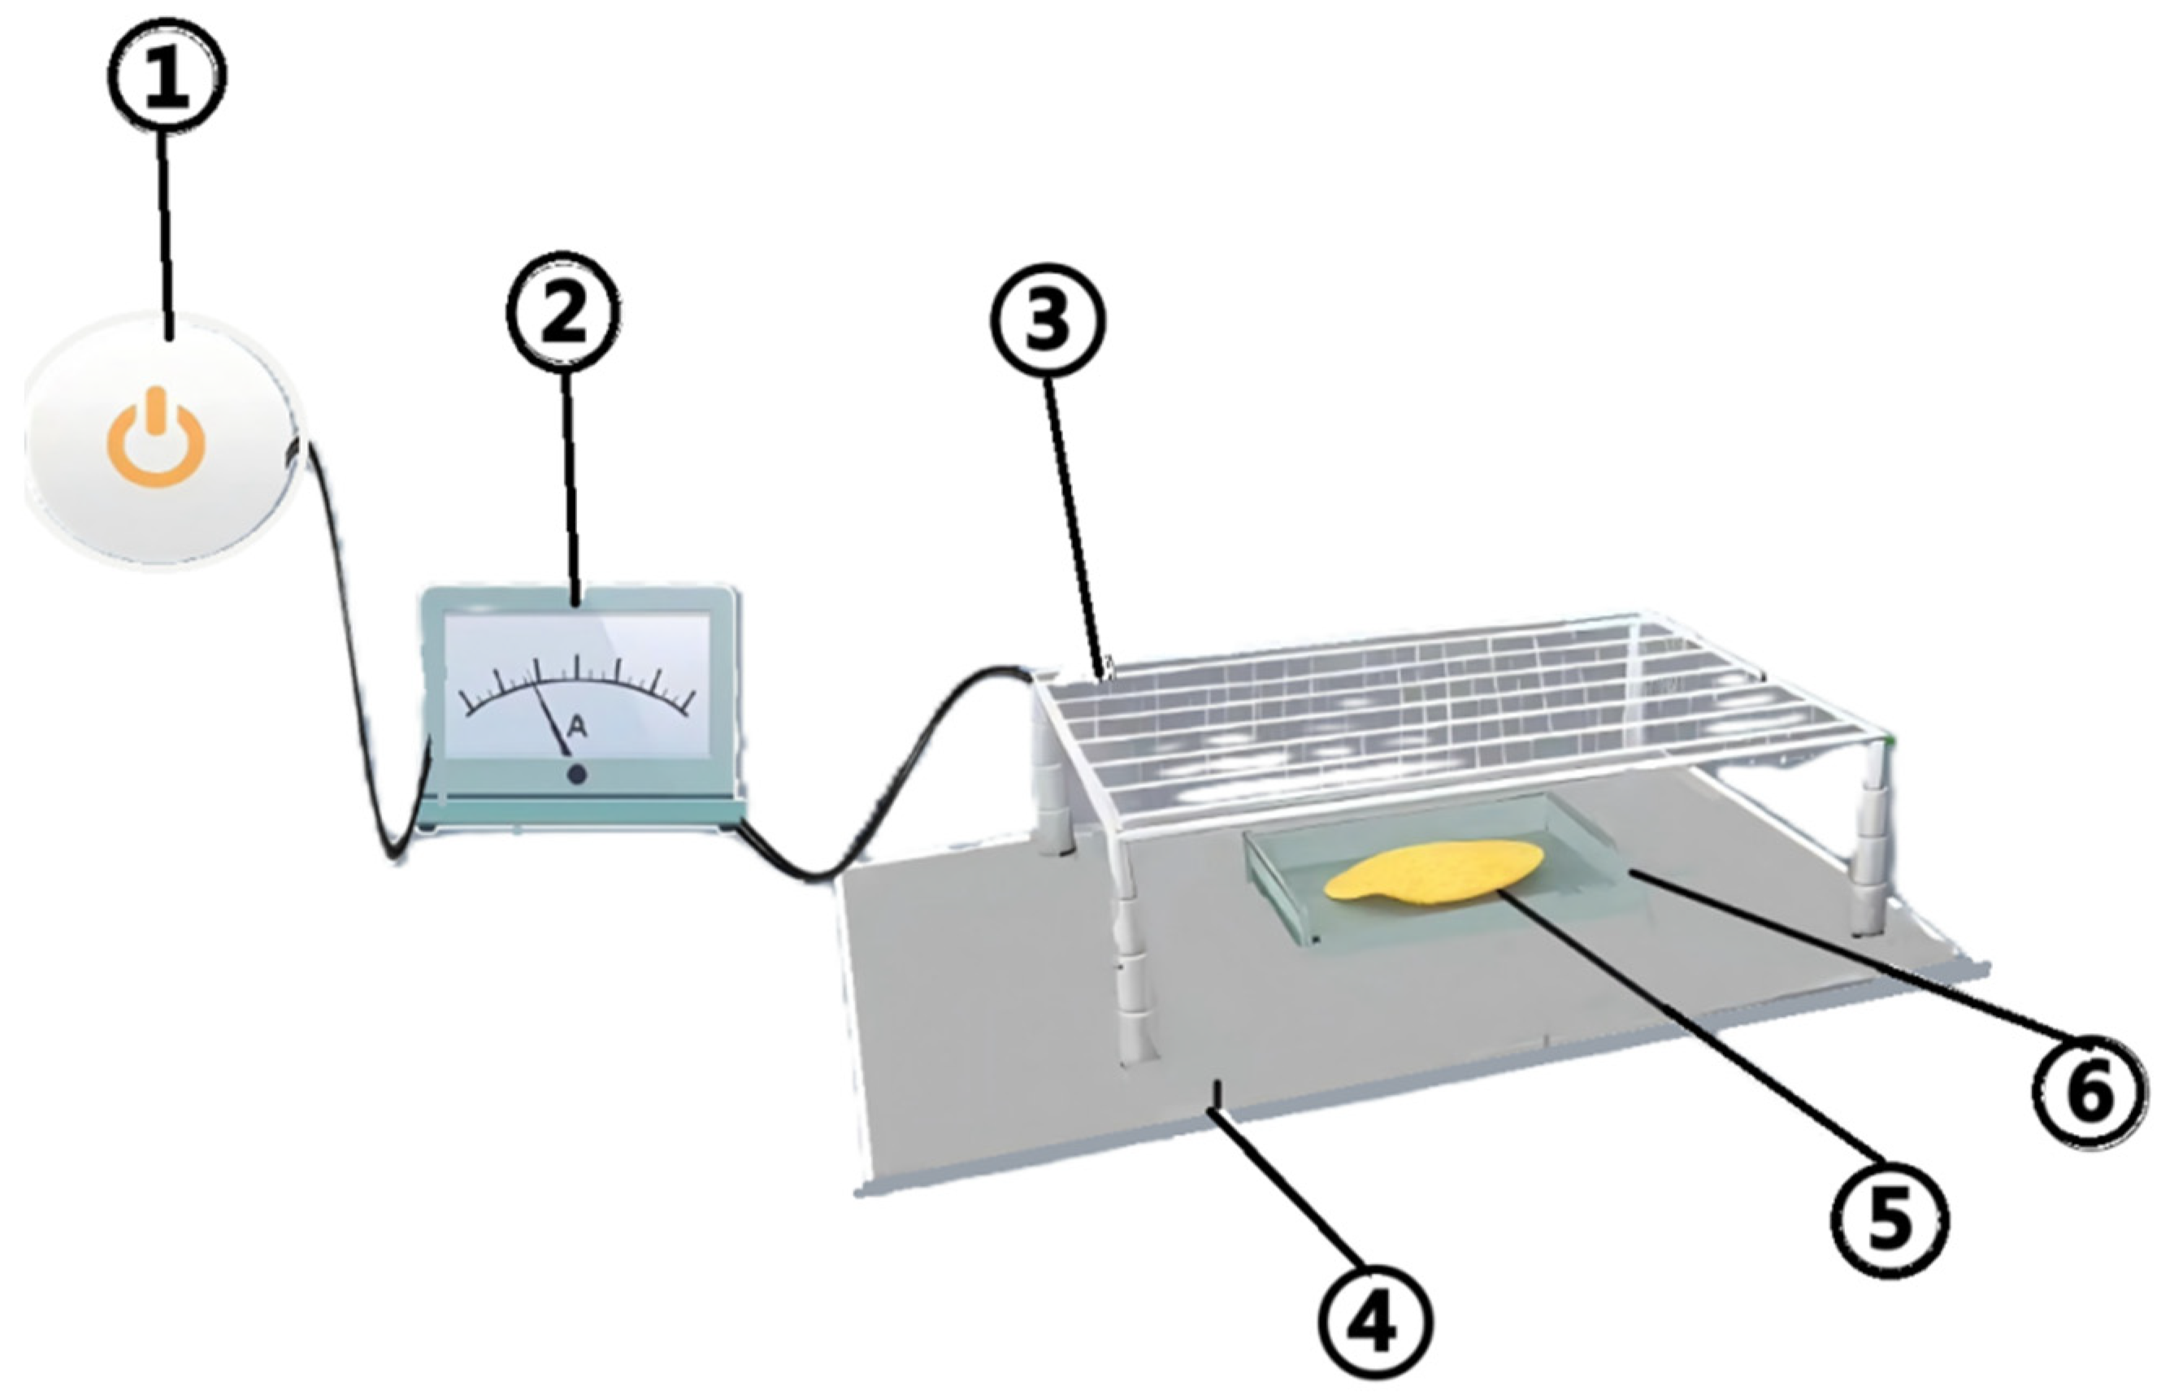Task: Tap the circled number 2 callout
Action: (563, 312)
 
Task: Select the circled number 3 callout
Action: (1048, 319)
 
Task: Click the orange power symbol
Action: (156, 437)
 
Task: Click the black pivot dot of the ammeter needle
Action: (576, 775)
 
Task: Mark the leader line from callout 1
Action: (167, 237)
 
